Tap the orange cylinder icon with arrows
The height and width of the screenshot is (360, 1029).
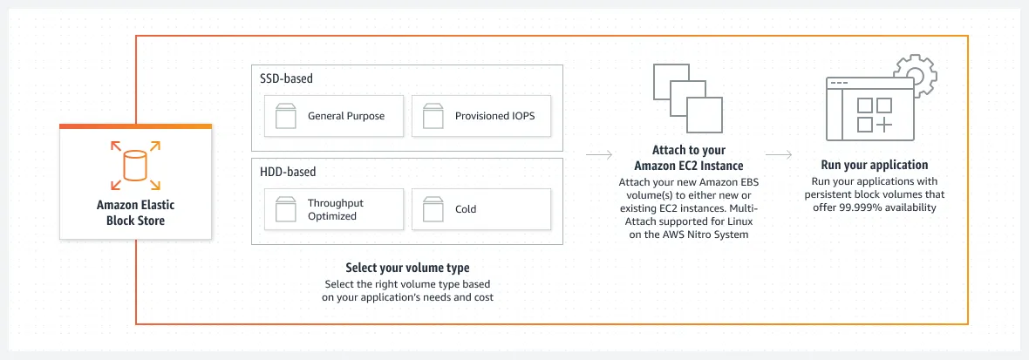point(135,166)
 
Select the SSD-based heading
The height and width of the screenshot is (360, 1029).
point(286,78)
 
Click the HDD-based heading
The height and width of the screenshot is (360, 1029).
point(288,172)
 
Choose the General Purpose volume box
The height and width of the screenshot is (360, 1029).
point(334,116)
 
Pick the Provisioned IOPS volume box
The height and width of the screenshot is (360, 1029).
point(480,116)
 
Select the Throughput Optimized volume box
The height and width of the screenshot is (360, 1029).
point(334,209)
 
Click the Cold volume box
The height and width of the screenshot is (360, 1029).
point(480,209)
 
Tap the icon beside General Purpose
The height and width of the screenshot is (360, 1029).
point(286,116)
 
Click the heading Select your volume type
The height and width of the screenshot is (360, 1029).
point(407,268)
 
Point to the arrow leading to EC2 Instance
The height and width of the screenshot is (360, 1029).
point(598,156)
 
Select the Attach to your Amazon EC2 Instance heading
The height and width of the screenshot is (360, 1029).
point(688,158)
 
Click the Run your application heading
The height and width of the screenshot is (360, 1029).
point(874,165)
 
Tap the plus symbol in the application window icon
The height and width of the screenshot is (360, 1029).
point(884,125)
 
